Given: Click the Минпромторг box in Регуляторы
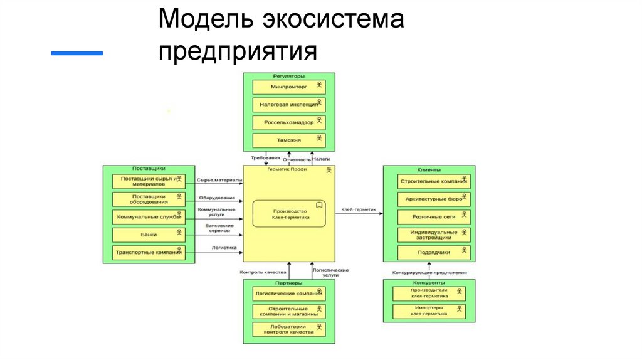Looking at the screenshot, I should click(x=289, y=87).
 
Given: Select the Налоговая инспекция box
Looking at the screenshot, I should click(x=289, y=105).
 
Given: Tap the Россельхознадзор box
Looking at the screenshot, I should click(x=289, y=122).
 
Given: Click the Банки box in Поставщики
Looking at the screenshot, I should click(x=149, y=235).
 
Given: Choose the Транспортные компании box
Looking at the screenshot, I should click(x=149, y=253).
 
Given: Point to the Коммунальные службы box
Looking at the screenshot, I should click(x=149, y=217).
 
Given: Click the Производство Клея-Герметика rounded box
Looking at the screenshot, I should click(x=289, y=214).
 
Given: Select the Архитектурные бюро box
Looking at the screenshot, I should click(x=434, y=199).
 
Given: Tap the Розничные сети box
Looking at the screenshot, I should click(x=434, y=217).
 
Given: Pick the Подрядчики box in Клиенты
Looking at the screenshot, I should click(x=434, y=253).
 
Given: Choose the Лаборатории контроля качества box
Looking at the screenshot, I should click(x=289, y=329).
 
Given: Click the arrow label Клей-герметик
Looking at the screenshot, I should click(x=359, y=209).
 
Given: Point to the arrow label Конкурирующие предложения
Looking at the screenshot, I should click(x=429, y=272).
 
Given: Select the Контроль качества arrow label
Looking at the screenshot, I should click(x=263, y=273).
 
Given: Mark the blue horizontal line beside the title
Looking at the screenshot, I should click(x=76, y=54).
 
